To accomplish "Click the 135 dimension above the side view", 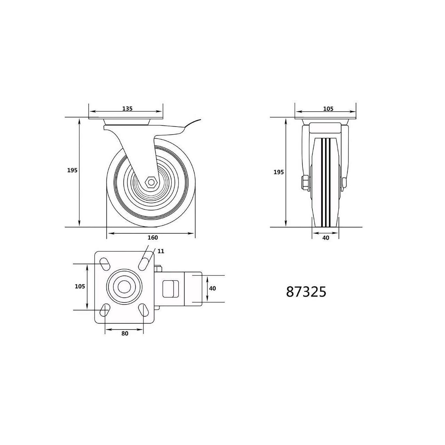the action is pyautogui.click(x=127, y=108).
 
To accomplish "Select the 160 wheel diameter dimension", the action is pyautogui.click(x=153, y=237).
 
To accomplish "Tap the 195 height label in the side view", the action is pyautogui.click(x=72, y=170).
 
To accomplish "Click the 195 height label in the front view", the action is pyautogui.click(x=278, y=172).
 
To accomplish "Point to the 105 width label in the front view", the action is pyautogui.click(x=328, y=108).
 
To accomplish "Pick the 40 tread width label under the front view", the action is pyautogui.click(x=326, y=238).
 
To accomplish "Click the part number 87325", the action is pyautogui.click(x=306, y=292).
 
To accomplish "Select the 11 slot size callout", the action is pyautogui.click(x=161, y=251).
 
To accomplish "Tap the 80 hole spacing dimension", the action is pyautogui.click(x=125, y=333).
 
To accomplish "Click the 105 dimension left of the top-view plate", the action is pyautogui.click(x=80, y=286).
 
